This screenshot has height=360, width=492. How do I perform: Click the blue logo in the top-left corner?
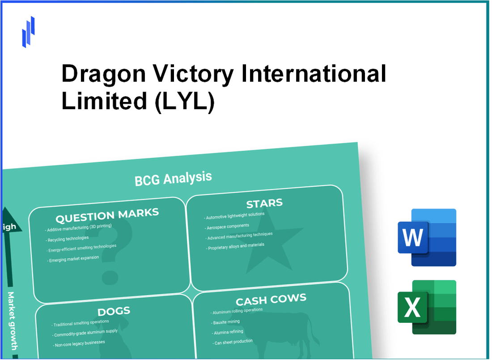tap(28, 32)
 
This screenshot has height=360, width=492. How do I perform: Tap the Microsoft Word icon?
tap(427, 237)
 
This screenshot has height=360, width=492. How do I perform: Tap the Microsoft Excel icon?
tap(427, 307)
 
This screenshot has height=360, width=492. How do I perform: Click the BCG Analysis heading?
tap(173, 178)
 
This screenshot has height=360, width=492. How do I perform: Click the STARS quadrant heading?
tap(264, 204)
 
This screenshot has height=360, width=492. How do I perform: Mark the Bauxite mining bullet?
tap(226, 322)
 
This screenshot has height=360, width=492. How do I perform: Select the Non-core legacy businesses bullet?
tap(79, 343)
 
